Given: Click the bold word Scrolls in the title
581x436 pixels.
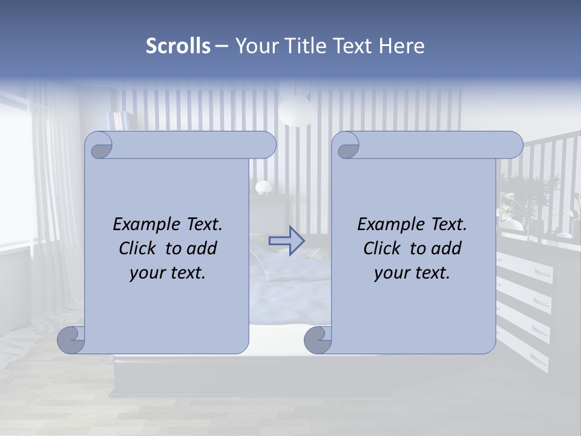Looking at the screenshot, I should coord(179,45).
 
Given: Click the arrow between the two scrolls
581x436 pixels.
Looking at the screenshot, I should coord(286,240).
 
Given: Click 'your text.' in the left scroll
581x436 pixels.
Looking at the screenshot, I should coord(168,273).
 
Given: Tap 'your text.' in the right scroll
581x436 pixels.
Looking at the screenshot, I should coord(412,273).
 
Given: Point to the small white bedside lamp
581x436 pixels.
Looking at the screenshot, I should coord(263,187).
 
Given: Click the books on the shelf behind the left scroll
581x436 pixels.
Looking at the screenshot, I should coord(117,120).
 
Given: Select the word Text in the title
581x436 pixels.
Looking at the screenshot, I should coord(353,45).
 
